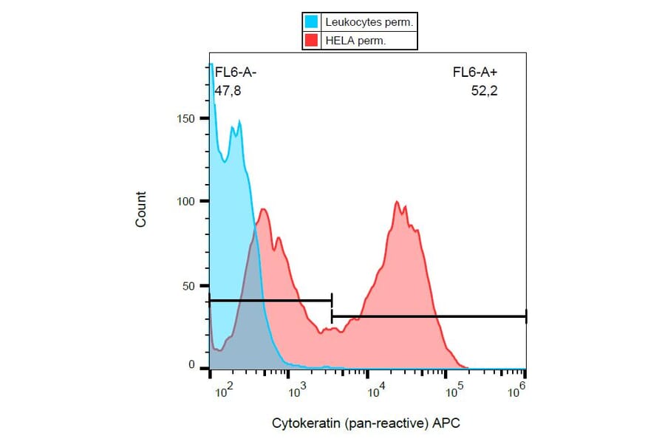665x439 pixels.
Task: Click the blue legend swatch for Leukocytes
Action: (312, 22)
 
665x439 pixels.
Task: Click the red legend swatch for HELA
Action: (312, 41)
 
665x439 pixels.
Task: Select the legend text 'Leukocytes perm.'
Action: (369, 22)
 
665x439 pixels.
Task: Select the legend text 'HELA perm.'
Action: (355, 41)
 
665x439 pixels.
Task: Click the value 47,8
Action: (228, 91)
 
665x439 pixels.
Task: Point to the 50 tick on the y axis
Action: (188, 285)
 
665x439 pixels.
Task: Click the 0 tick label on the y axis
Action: (191, 365)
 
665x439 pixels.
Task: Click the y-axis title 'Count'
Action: (141, 209)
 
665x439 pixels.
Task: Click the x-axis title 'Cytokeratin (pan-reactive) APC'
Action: (367, 423)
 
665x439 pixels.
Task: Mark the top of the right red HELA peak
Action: (398, 201)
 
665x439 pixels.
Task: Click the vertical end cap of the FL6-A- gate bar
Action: (332, 300)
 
